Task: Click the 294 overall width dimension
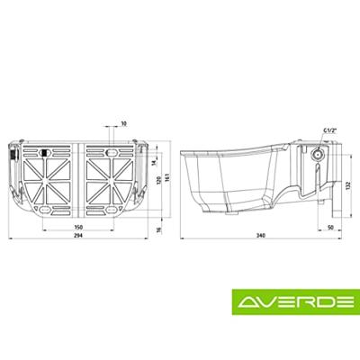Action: [x=78, y=236]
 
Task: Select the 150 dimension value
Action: [x=78, y=227]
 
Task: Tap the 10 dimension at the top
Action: [x=123, y=123]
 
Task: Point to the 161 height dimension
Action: [x=167, y=178]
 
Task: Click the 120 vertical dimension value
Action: [x=159, y=180]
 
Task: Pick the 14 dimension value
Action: [x=154, y=162]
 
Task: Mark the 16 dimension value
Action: [x=159, y=230]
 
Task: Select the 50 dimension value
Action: [x=330, y=228]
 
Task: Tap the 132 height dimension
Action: [x=348, y=186]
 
